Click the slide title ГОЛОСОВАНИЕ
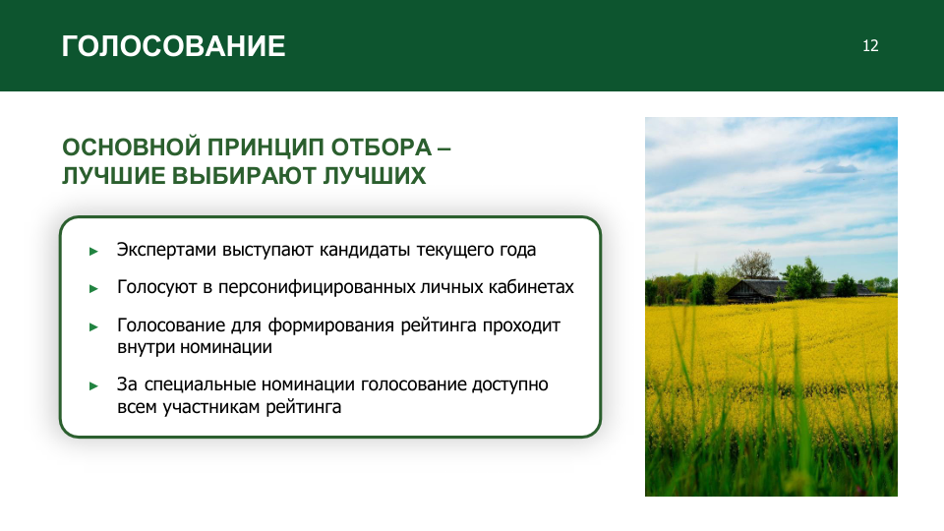pyautogui.click(x=173, y=46)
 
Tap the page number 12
pyautogui.click(x=870, y=46)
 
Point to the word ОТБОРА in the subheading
pyautogui.click(x=382, y=147)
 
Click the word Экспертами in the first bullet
pyautogui.click(x=166, y=250)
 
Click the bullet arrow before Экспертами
pyautogui.click(x=93, y=251)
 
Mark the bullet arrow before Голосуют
pyautogui.click(x=93, y=289)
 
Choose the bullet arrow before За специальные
pyautogui.click(x=93, y=385)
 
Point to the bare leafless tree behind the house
pyautogui.click(x=752, y=265)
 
